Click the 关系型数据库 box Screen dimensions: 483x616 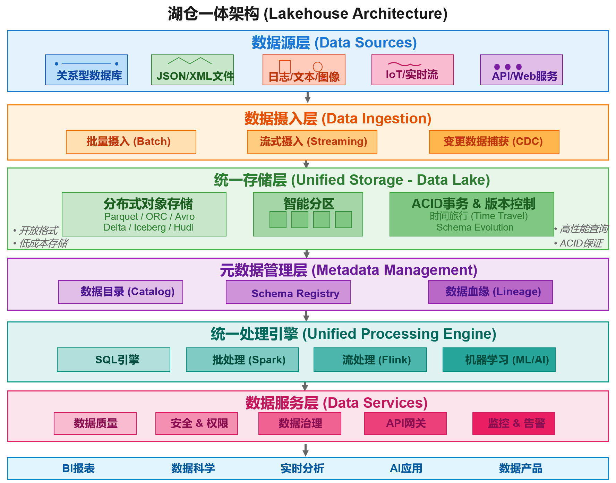point(86,70)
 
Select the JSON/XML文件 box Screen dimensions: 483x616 point(192,70)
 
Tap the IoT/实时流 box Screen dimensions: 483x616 point(412,70)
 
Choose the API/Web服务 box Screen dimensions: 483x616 point(521,70)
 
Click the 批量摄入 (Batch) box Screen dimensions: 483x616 point(131,142)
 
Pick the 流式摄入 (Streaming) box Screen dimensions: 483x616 point(312,142)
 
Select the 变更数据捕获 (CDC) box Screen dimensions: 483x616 point(494,142)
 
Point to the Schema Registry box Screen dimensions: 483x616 point(288,292)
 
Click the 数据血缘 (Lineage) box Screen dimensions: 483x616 point(490,292)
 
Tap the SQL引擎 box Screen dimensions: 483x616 point(113,360)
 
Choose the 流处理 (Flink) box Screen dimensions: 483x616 point(370,360)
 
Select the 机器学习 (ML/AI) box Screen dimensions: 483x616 point(499,360)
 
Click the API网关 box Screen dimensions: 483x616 point(405,423)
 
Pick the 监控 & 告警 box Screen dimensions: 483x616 point(513,423)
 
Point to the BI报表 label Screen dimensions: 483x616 point(78,468)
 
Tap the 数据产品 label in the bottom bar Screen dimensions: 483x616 point(520,468)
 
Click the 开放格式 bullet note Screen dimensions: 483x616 point(36,230)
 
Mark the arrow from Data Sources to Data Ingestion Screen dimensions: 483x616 point(307,97)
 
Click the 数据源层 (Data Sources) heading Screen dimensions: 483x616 point(334,43)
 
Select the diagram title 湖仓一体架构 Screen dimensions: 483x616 point(308,14)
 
